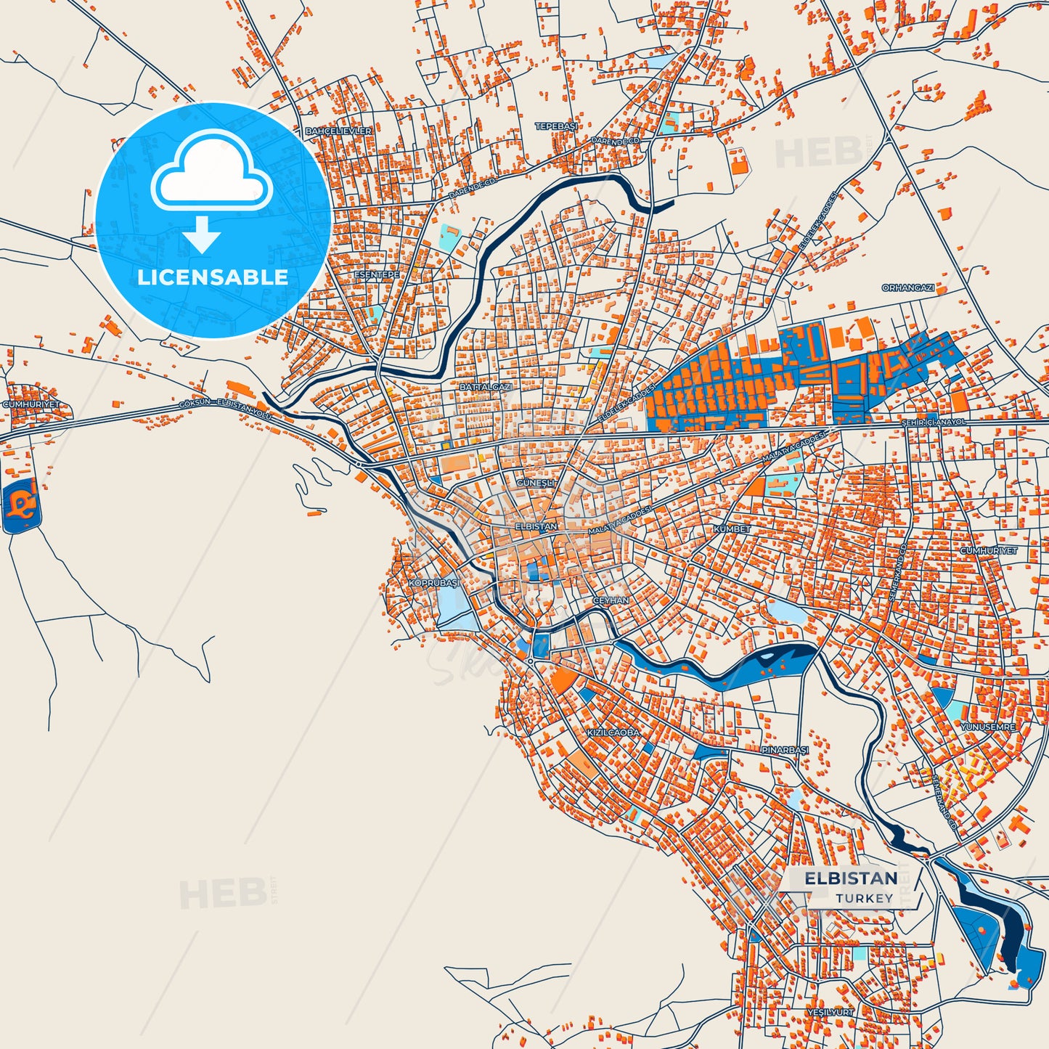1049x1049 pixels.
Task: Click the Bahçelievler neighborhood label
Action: tap(338, 131)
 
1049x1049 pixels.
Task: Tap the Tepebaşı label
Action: tap(556, 126)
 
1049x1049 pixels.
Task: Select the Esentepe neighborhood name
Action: tap(376, 275)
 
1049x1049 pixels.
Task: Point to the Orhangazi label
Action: tap(907, 288)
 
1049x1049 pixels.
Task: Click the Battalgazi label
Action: tap(486, 388)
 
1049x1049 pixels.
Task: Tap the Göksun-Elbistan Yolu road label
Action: tap(225, 407)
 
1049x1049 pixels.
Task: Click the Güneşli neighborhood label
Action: tap(536, 483)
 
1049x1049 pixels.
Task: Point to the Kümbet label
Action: tap(732, 529)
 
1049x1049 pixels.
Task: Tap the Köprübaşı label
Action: tap(433, 583)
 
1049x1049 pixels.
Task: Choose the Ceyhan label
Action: tap(611, 601)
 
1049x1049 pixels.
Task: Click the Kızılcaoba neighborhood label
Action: tap(613, 732)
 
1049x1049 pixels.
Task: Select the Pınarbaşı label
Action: tap(785, 750)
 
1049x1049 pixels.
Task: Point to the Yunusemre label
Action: tap(988, 727)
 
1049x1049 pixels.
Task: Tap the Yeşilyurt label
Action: tap(830, 1011)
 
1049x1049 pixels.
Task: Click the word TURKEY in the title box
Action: tap(864, 899)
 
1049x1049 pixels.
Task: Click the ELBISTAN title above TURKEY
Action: tap(851, 878)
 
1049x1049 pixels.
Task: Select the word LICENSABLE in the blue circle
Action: tap(213, 277)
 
